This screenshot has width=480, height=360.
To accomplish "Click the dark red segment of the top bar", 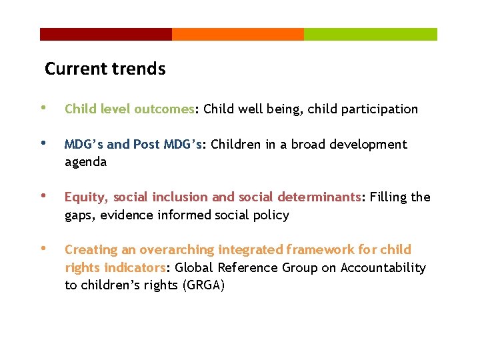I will [x=105, y=34].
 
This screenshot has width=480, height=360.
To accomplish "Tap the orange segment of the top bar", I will [x=237, y=34].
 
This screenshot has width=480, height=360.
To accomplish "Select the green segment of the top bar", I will [x=371, y=34].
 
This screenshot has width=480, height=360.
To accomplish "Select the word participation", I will [x=379, y=109].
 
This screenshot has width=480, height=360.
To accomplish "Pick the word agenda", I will [x=85, y=163].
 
